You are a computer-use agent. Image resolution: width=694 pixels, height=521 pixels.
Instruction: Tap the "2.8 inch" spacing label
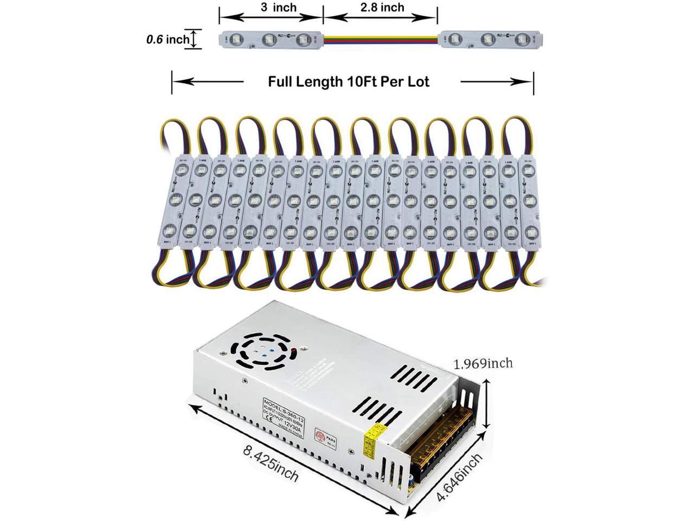pyautogui.click(x=382, y=7)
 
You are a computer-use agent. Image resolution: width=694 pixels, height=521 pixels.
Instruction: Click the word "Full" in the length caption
pyautogui.click(x=285, y=82)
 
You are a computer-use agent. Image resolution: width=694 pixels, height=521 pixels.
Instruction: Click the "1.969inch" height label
pyautogui.click(x=483, y=363)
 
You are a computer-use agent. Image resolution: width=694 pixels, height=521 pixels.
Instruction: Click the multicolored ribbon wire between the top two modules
pyautogui.click(x=382, y=39)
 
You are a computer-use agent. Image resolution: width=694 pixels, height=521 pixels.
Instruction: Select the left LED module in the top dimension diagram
pyautogui.click(x=271, y=39)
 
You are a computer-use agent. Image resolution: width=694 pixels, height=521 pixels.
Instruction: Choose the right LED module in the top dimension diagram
pyautogui.click(x=490, y=39)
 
